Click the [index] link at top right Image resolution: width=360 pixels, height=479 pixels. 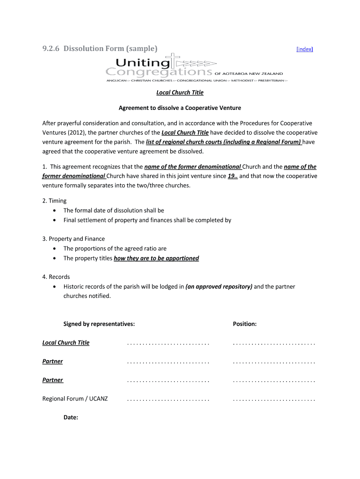coord(305,49)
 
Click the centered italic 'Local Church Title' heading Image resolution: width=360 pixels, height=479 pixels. coord(180,93)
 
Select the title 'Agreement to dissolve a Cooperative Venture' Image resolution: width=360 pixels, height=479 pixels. coord(180,108)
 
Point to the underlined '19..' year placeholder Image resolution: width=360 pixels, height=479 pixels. coord(232,176)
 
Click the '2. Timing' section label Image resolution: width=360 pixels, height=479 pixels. coord(54,201)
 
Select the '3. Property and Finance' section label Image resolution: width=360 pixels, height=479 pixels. coord(73,239)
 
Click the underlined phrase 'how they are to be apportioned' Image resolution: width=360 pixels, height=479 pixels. coord(156,258)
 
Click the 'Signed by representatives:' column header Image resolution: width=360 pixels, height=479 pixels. coord(99,324)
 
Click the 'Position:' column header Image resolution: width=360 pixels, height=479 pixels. coord(245,324)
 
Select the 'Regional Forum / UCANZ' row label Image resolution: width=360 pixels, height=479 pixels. coord(75,399)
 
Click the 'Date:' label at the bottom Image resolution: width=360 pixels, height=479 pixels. coord(71,417)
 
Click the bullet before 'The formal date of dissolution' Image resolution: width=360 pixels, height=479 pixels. coord(55,210)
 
